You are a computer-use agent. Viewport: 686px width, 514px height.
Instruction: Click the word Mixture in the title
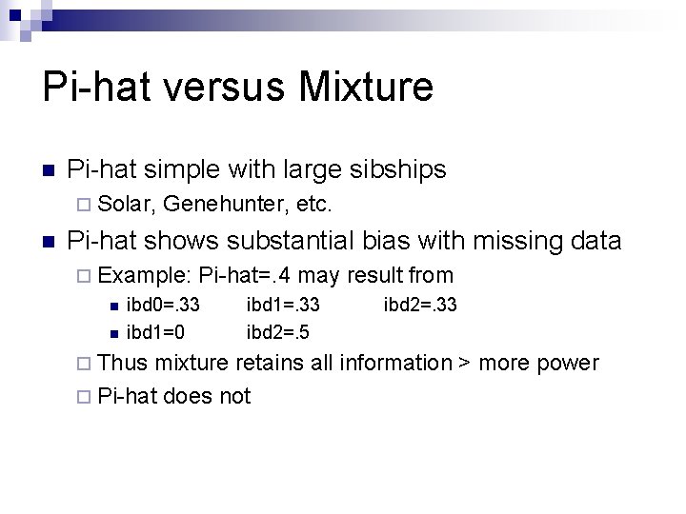pyautogui.click(x=366, y=87)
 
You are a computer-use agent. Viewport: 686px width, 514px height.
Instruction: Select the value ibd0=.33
pyautogui.click(x=163, y=306)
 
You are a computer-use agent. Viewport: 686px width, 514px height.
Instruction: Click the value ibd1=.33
pyautogui.click(x=283, y=306)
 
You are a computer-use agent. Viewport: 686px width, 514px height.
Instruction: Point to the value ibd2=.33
pyautogui.click(x=420, y=306)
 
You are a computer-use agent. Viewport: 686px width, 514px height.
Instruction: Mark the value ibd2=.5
pyautogui.click(x=276, y=332)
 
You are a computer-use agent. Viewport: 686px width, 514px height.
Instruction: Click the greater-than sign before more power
pyautogui.click(x=467, y=364)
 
